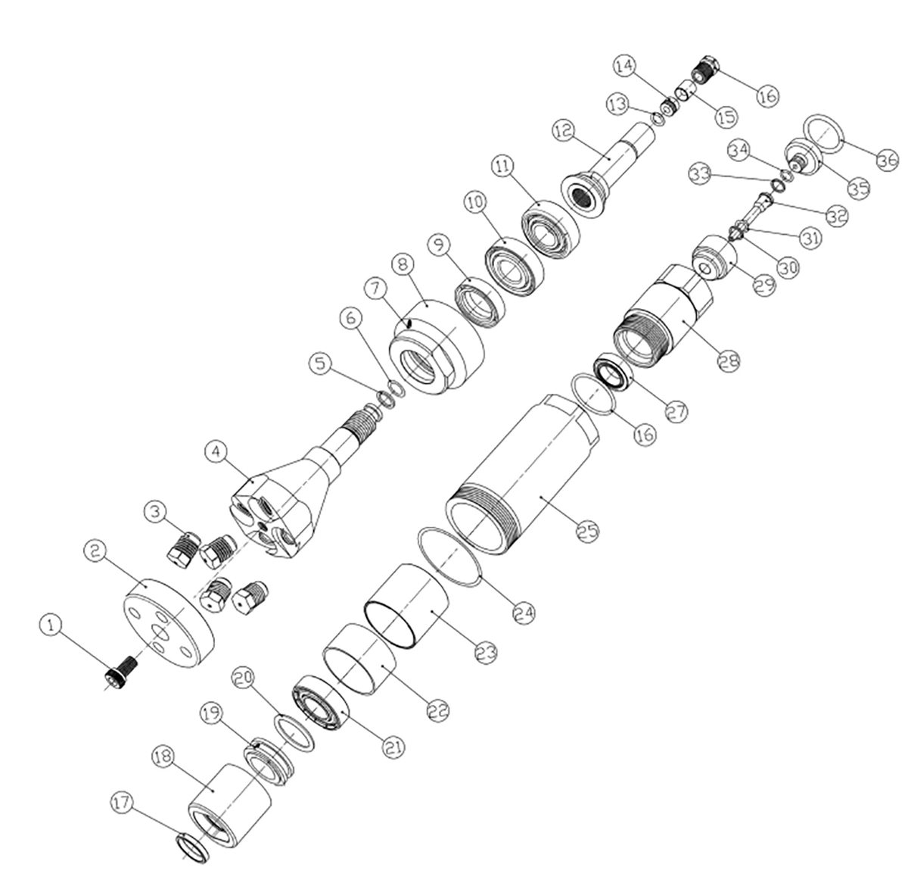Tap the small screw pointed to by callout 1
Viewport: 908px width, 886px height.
120,670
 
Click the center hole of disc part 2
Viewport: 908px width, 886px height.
160,633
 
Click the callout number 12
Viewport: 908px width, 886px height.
564,131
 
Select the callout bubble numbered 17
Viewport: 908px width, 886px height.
123,803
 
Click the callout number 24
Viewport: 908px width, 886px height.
524,612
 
